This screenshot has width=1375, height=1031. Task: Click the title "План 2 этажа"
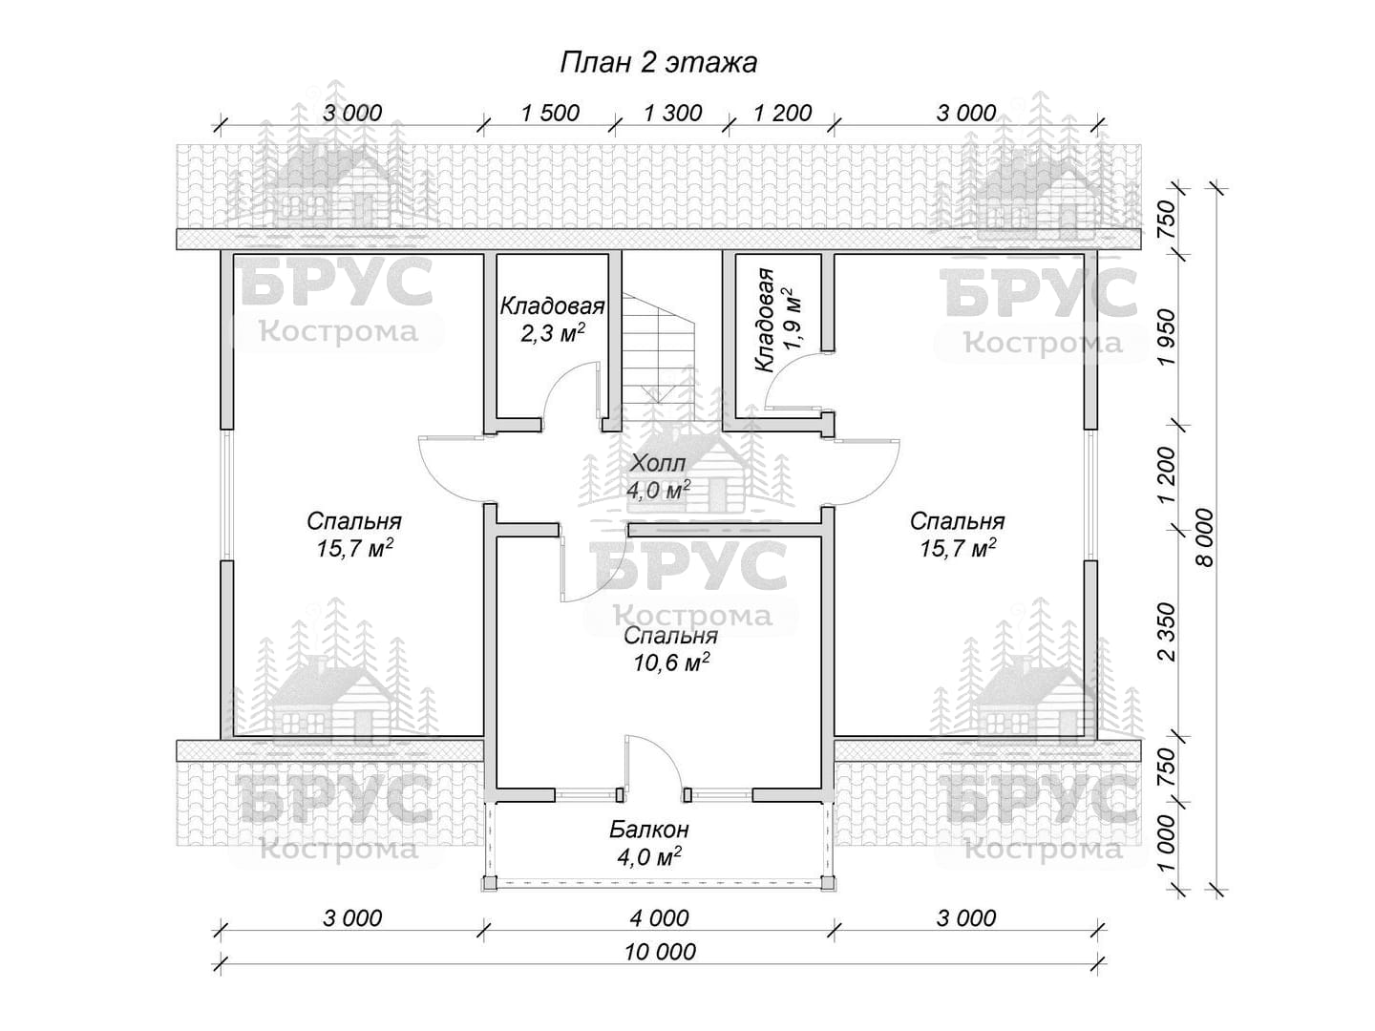(658, 63)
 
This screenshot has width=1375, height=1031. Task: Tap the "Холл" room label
(658, 464)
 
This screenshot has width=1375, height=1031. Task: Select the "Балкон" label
(649, 831)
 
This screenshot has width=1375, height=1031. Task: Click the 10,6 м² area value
(670, 663)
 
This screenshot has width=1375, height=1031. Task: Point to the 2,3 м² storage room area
(552, 332)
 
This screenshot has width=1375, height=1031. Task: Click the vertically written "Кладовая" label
(765, 321)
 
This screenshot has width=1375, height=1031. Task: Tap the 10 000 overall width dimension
(660, 952)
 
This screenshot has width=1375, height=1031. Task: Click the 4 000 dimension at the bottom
(660, 918)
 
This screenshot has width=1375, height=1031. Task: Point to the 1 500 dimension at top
(550, 114)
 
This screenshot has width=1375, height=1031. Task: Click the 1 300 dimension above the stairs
(673, 114)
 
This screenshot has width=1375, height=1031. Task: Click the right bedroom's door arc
(884, 481)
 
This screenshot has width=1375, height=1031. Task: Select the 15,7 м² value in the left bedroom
(354, 548)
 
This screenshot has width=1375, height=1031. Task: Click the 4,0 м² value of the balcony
(649, 856)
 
